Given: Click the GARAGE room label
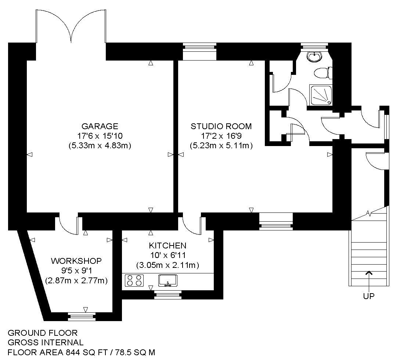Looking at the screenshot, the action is (100, 126).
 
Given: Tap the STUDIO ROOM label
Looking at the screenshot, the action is (221, 126).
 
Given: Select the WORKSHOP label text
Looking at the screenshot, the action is (76, 261).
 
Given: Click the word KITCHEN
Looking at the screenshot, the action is (167, 246).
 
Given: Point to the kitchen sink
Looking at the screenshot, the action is (168, 280).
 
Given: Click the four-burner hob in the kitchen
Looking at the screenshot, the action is (134, 280).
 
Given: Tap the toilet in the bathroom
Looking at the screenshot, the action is (323, 73).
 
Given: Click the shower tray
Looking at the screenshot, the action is (321, 95).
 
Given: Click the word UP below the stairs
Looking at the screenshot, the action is (369, 296).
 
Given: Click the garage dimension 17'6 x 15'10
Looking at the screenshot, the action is (100, 136).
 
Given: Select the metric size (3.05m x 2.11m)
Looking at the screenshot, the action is (167, 265).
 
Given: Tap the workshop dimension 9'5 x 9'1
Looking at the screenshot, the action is (76, 270).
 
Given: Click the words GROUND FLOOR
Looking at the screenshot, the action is (43, 333).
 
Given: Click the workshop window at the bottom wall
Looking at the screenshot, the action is (82, 316).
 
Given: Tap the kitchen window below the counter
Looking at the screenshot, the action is (168, 295).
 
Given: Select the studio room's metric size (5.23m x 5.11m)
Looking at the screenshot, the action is (221, 146).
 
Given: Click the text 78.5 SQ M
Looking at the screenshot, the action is (135, 352).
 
